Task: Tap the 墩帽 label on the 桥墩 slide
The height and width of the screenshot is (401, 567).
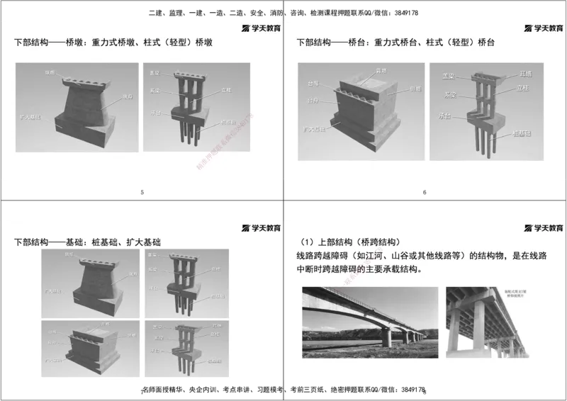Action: pos(49,72)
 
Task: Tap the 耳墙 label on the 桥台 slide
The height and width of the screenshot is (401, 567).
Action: pos(525,74)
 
